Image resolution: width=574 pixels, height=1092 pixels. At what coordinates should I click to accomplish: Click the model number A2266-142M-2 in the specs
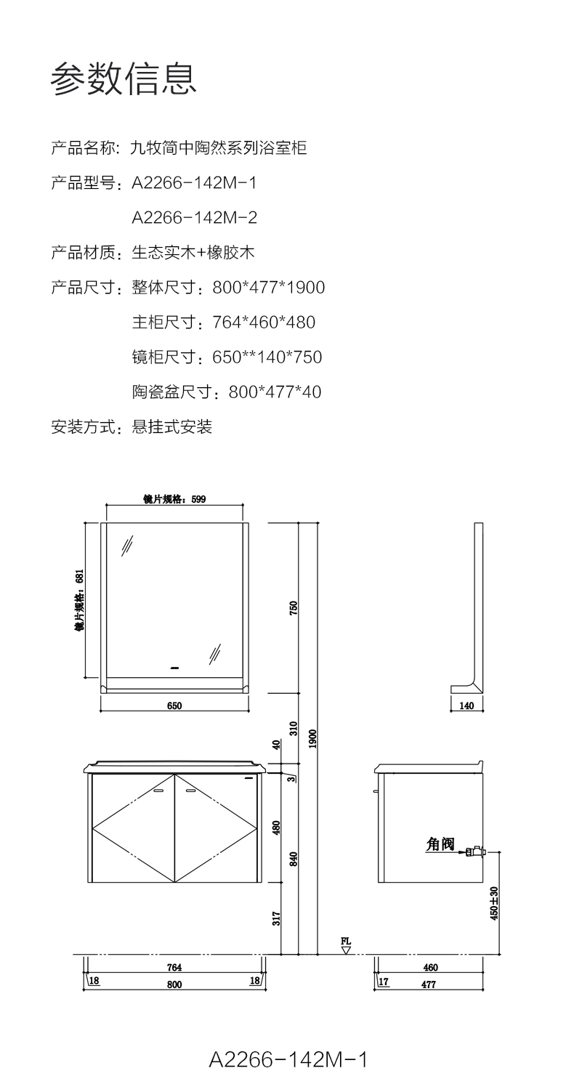click(194, 217)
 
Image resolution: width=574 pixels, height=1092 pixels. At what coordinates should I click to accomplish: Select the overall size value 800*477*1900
click(268, 287)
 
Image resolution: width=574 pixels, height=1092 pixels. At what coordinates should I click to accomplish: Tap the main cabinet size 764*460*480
click(264, 322)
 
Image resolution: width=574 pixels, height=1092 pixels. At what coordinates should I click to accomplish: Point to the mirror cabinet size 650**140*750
click(267, 357)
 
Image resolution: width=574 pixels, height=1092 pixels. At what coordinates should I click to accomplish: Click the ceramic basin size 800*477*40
click(275, 392)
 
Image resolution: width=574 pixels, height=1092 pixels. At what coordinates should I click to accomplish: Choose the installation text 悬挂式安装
click(171, 426)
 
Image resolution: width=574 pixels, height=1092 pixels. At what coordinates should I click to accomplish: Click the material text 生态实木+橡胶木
click(193, 252)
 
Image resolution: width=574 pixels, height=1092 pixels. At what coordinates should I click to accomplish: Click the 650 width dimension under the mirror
click(174, 705)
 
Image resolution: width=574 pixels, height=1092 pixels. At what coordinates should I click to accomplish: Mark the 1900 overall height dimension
click(312, 739)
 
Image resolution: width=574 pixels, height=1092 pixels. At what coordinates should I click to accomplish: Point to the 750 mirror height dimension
click(294, 607)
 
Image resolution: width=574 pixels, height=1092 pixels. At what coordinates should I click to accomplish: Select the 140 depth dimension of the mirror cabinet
click(466, 705)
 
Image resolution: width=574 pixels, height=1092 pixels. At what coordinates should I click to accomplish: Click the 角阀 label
click(440, 844)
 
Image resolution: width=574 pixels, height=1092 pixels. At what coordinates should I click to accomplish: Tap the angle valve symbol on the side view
click(475, 851)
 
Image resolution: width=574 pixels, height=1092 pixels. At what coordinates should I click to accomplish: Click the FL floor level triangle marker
click(346, 949)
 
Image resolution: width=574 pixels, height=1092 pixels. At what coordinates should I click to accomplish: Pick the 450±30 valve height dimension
click(494, 903)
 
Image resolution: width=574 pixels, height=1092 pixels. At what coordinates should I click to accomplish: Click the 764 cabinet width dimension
click(174, 967)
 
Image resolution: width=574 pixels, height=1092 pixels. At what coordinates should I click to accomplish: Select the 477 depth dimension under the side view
click(429, 984)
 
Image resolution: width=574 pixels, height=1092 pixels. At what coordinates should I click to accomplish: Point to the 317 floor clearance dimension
click(276, 918)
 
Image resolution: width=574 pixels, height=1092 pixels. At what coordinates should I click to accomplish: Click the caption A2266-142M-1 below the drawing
click(288, 1060)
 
